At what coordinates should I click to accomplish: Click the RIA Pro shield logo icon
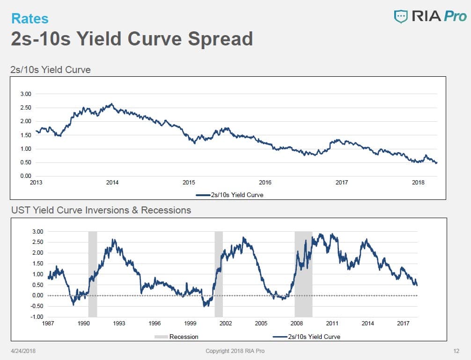pos(401,16)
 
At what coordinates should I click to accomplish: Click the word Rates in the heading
pos(29,18)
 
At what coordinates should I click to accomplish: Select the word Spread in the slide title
pos(221,38)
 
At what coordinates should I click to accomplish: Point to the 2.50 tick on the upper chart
pos(26,108)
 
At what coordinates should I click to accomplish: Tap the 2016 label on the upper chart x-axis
pos(265,183)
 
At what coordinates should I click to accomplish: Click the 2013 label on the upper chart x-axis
pos(36,183)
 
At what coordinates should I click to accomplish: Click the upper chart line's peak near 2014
pos(111,104)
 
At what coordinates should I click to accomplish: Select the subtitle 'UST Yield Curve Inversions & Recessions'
pos(101,210)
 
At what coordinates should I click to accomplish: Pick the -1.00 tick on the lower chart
pos(37,317)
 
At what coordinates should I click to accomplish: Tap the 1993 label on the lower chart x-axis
pos(119,323)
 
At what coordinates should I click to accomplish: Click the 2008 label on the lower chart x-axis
pos(296,323)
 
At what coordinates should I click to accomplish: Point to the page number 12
pos(456,351)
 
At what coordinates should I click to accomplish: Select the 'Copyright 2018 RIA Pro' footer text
pos(238,351)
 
